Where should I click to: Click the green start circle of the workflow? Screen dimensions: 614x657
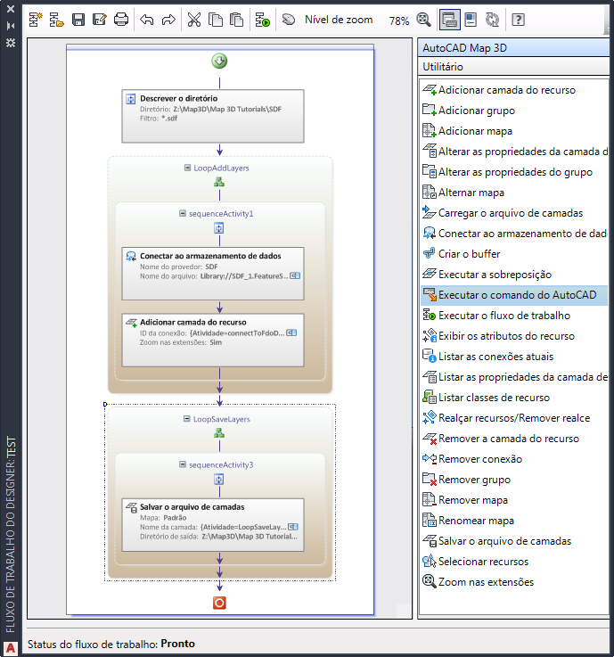coord(219,61)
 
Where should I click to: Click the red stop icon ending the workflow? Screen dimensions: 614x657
coord(219,603)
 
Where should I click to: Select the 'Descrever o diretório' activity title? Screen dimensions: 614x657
coord(179,98)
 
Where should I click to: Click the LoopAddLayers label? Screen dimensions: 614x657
coord(221,168)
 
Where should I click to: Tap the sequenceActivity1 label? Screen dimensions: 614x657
coord(221,214)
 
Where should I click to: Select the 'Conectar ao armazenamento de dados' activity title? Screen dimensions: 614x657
coord(210,256)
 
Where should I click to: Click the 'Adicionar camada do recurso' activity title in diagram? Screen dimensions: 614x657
coord(193,322)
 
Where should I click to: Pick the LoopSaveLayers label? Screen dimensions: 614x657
coord(222,419)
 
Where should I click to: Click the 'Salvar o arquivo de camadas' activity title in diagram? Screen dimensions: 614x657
coord(192,507)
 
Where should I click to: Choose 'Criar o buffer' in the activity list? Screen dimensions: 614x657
coord(469,254)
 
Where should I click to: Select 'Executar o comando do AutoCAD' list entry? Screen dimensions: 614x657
coord(517,295)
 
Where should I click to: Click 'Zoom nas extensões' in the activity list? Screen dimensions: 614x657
coord(486,582)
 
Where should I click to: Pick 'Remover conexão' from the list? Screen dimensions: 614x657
coord(480,459)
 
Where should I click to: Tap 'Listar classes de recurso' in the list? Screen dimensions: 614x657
coord(494,398)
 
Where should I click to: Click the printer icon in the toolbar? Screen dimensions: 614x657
coord(121,20)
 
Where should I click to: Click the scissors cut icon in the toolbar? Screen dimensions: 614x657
coord(194,20)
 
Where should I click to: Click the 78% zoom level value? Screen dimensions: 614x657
coord(398,21)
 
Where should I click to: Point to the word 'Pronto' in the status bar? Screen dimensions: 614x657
coord(178,643)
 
